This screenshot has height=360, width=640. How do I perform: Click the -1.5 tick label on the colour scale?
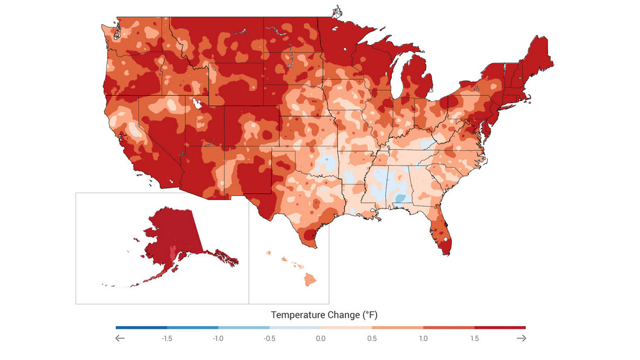coord(167,338)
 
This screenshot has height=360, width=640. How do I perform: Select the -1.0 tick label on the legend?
coord(218,338)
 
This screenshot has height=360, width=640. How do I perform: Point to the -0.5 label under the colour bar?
coord(269,338)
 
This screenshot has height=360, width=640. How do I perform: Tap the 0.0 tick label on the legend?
coord(320,338)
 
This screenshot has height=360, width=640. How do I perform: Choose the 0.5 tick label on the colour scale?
coord(372,338)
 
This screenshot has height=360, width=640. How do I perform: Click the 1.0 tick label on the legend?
coord(423,338)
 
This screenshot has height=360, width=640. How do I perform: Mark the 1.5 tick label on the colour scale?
coord(474,338)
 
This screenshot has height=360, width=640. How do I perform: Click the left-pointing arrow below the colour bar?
coord(121,338)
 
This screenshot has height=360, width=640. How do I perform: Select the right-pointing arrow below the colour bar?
coord(521,338)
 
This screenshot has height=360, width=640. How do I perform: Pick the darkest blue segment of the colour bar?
coord(141,327)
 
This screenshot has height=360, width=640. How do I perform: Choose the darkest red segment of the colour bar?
coord(500,327)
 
